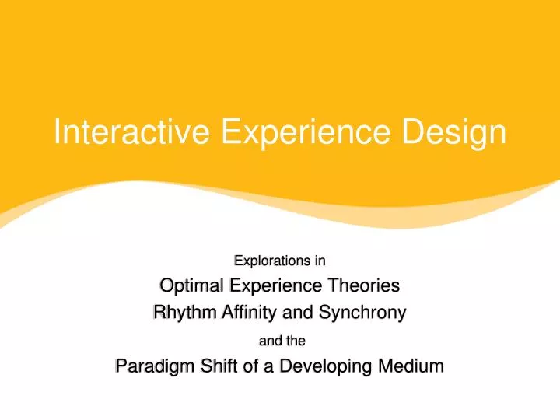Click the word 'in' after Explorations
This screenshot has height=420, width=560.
[320, 260]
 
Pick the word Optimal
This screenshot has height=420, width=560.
[190, 285]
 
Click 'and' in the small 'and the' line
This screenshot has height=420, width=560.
[268, 340]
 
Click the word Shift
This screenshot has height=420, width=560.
[215, 366]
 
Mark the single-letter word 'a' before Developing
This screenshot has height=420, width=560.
[268, 366]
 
